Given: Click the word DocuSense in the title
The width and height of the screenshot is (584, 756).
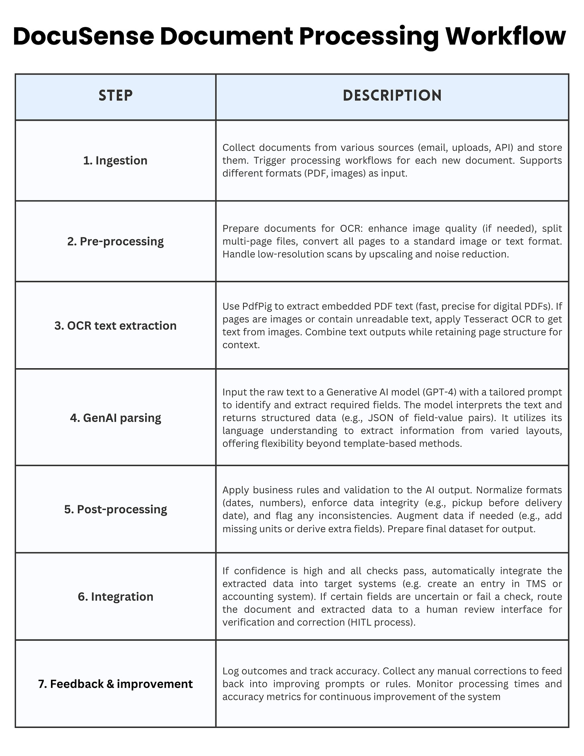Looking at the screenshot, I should [83, 36].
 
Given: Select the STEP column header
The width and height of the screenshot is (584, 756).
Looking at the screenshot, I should [116, 96].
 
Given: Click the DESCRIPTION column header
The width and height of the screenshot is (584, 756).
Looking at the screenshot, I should [392, 96].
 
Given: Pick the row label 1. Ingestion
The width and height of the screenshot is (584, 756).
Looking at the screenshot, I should [116, 160].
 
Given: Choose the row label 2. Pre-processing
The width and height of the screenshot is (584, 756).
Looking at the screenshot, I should [116, 241].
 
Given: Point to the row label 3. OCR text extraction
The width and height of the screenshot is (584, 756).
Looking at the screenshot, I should [116, 325].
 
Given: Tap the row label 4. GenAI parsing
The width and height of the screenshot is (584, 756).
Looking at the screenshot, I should [116, 418].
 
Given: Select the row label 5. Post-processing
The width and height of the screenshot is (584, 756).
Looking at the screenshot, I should [116, 509].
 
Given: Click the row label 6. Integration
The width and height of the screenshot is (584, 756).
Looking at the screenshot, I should [116, 596].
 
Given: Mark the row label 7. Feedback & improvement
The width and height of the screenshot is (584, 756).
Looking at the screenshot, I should [116, 684].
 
